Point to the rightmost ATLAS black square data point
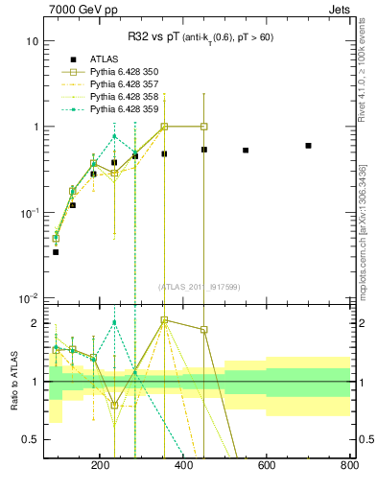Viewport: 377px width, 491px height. point(308,146)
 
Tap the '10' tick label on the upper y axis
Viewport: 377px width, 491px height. point(33,42)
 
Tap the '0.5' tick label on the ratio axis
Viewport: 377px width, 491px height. point(30,439)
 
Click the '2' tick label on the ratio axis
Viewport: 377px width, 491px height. point(35,323)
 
